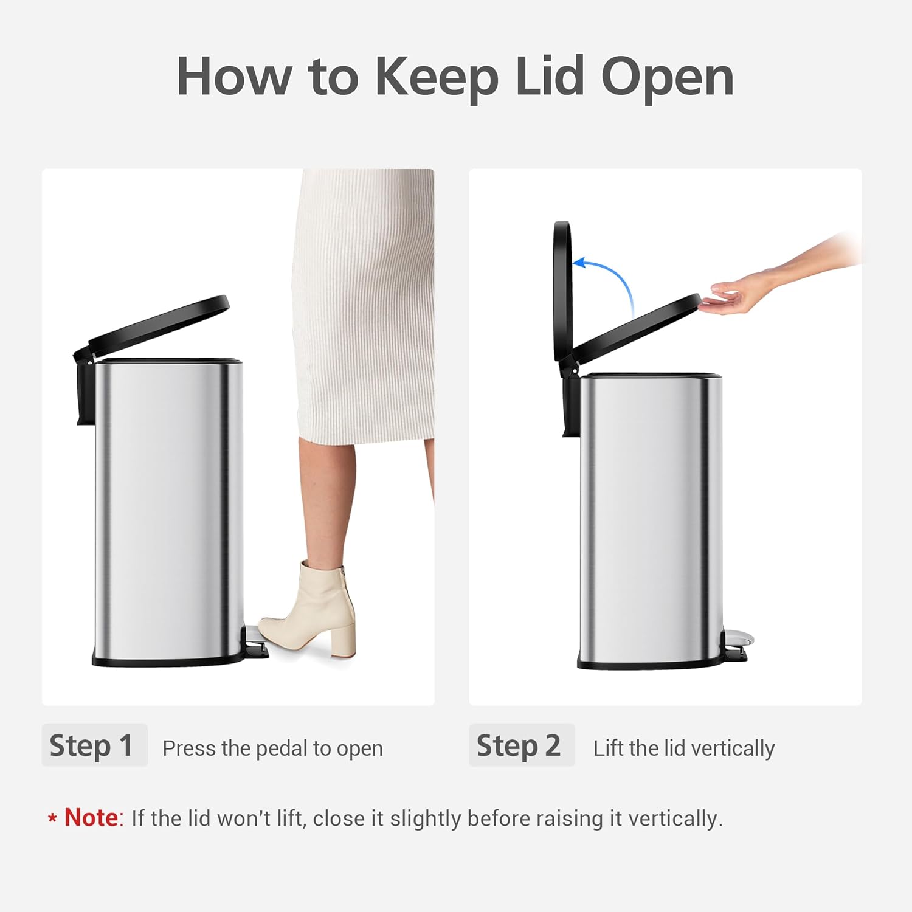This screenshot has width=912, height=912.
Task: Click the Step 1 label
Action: tap(92, 745)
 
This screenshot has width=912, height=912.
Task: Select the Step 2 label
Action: tap(519, 745)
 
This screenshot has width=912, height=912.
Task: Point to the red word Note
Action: tap(91, 818)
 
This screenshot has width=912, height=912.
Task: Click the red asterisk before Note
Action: tap(52, 819)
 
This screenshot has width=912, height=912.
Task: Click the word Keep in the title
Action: tap(436, 77)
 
